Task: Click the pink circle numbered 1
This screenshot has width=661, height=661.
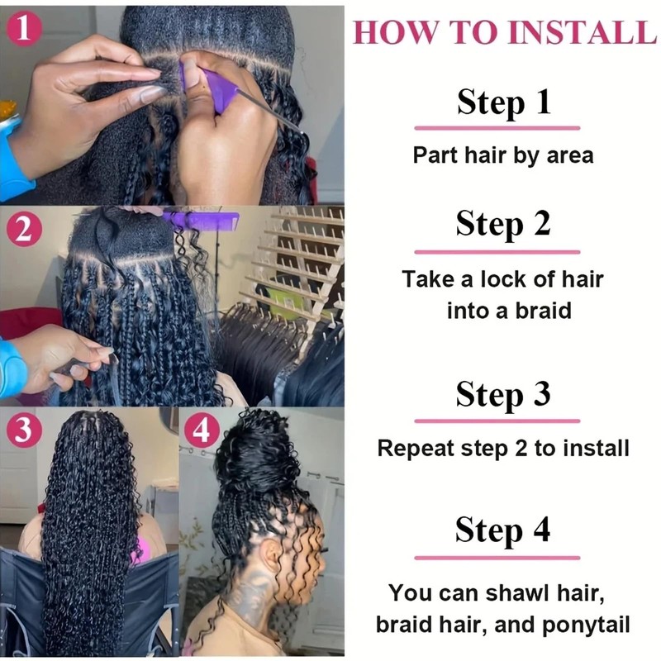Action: click(24, 28)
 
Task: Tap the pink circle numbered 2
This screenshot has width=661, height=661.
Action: click(24, 230)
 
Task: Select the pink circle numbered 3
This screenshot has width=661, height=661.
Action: click(24, 430)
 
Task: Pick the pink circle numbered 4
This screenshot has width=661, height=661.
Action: click(201, 430)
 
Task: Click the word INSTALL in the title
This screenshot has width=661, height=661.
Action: click(583, 31)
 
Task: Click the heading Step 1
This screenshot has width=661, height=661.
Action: click(504, 102)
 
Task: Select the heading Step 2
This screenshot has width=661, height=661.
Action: click(503, 223)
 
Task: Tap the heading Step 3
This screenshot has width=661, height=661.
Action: click(503, 394)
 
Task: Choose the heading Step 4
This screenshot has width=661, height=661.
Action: click(503, 530)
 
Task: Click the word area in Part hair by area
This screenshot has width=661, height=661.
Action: click(570, 155)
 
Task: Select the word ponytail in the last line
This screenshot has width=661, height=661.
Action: click(587, 625)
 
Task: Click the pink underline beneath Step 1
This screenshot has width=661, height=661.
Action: click(497, 128)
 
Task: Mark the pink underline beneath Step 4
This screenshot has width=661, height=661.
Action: click(497, 558)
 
